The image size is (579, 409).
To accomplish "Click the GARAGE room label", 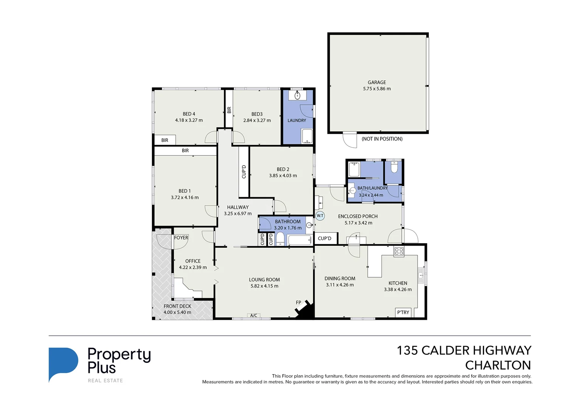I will tap(377, 82).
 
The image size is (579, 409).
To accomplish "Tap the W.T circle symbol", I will tap(320, 215).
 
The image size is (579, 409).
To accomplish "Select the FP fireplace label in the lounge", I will tap(298, 302).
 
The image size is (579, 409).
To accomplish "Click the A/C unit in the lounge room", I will tap(253, 315).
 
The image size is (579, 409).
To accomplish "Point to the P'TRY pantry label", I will tap(403, 312).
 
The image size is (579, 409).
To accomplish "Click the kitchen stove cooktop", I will tap(399, 251).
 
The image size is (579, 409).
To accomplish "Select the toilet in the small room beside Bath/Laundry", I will tap(394, 168).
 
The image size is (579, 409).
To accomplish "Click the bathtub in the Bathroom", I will tap(299, 240).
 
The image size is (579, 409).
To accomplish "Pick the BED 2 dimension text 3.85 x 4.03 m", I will tap(283, 176).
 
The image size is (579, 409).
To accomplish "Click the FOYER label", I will tap(181, 238).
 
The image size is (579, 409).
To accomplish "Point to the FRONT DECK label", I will tap(177, 306).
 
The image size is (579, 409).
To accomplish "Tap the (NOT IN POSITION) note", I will tap(382, 139).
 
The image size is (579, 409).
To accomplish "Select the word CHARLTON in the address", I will tap(498, 365).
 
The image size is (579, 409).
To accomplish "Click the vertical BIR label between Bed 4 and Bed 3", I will tap(229, 110).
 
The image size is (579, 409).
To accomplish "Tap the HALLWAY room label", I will tap(238, 207).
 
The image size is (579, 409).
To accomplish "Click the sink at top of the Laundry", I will tap(297, 95).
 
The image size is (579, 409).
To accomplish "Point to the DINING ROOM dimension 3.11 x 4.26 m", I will tap(340, 285).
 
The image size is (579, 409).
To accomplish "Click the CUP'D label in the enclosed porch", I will tap(324, 239).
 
